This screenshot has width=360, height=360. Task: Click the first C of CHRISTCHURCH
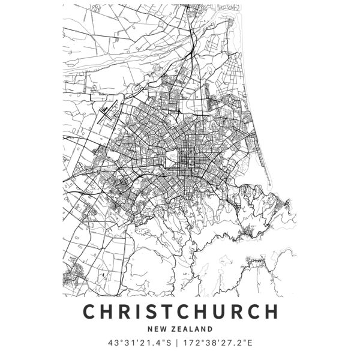tap(88, 313)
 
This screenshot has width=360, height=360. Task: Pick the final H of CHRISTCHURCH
tap(271, 313)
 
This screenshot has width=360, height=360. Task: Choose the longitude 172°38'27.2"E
tap(221, 344)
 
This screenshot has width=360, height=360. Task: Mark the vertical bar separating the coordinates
tap(181, 344)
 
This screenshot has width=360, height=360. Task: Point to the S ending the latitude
tap(171, 344)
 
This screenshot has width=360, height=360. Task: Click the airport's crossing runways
tap(109, 110)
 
